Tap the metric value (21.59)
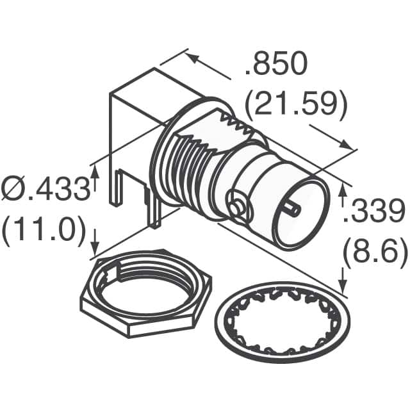[x=297, y=104]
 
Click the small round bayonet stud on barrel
[x=237, y=207]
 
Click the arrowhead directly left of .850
[x=192, y=57]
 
